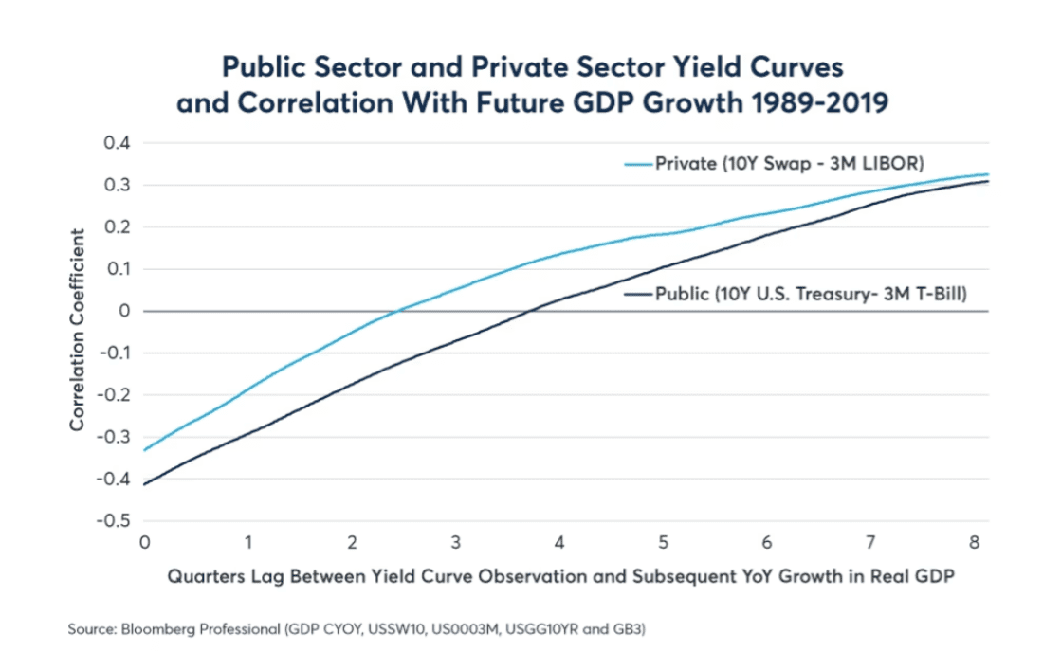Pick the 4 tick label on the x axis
pos(559,542)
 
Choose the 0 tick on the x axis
pos(144,542)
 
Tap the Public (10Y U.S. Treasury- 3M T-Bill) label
pos(811,294)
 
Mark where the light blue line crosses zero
pos(396,311)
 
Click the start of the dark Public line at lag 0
pos(145,484)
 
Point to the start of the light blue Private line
pos(145,450)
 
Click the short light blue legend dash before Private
pos(639,164)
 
